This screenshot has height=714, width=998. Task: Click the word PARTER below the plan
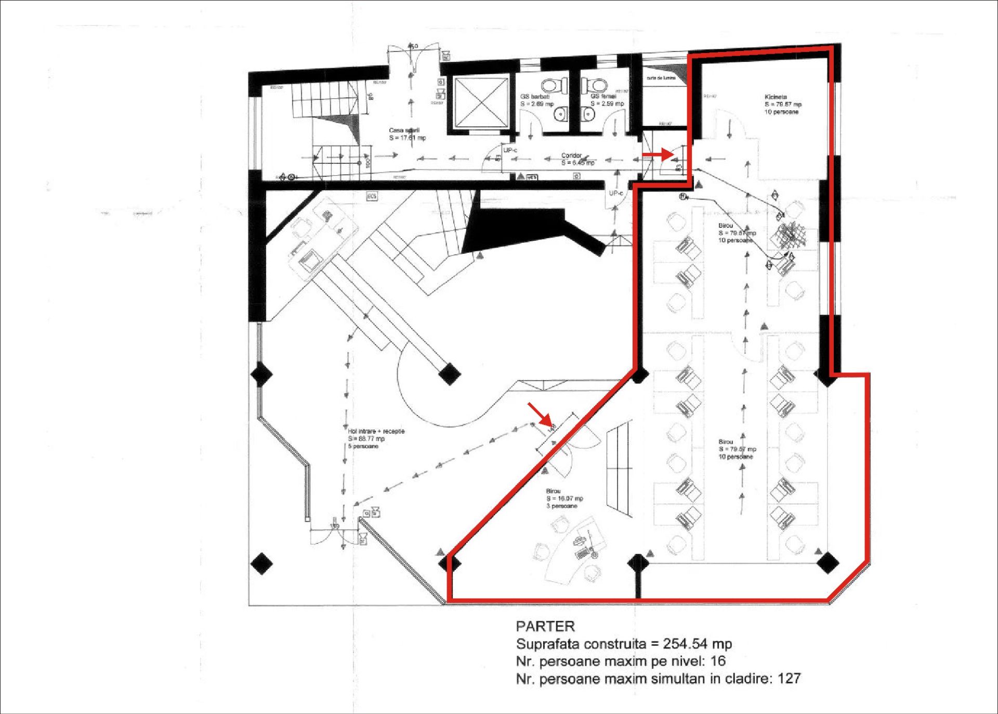545,626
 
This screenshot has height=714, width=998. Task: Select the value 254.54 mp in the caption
697,644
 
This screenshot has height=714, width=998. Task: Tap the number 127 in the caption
789,679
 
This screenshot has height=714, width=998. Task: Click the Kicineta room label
776,97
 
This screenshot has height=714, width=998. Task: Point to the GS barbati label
535,97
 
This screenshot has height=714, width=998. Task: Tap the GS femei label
603,96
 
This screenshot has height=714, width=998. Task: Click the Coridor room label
571,155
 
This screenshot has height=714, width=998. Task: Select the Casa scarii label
404,131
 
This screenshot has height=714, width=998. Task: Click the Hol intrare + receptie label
376,431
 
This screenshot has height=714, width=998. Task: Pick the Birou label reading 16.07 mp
564,498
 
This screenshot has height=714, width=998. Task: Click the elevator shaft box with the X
481,102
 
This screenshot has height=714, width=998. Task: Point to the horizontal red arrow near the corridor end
658,154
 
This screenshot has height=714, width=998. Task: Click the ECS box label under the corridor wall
372,196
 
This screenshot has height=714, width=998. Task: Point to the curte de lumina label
661,78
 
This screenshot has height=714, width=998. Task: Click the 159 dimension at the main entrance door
335,526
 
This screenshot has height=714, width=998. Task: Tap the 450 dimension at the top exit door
412,47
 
